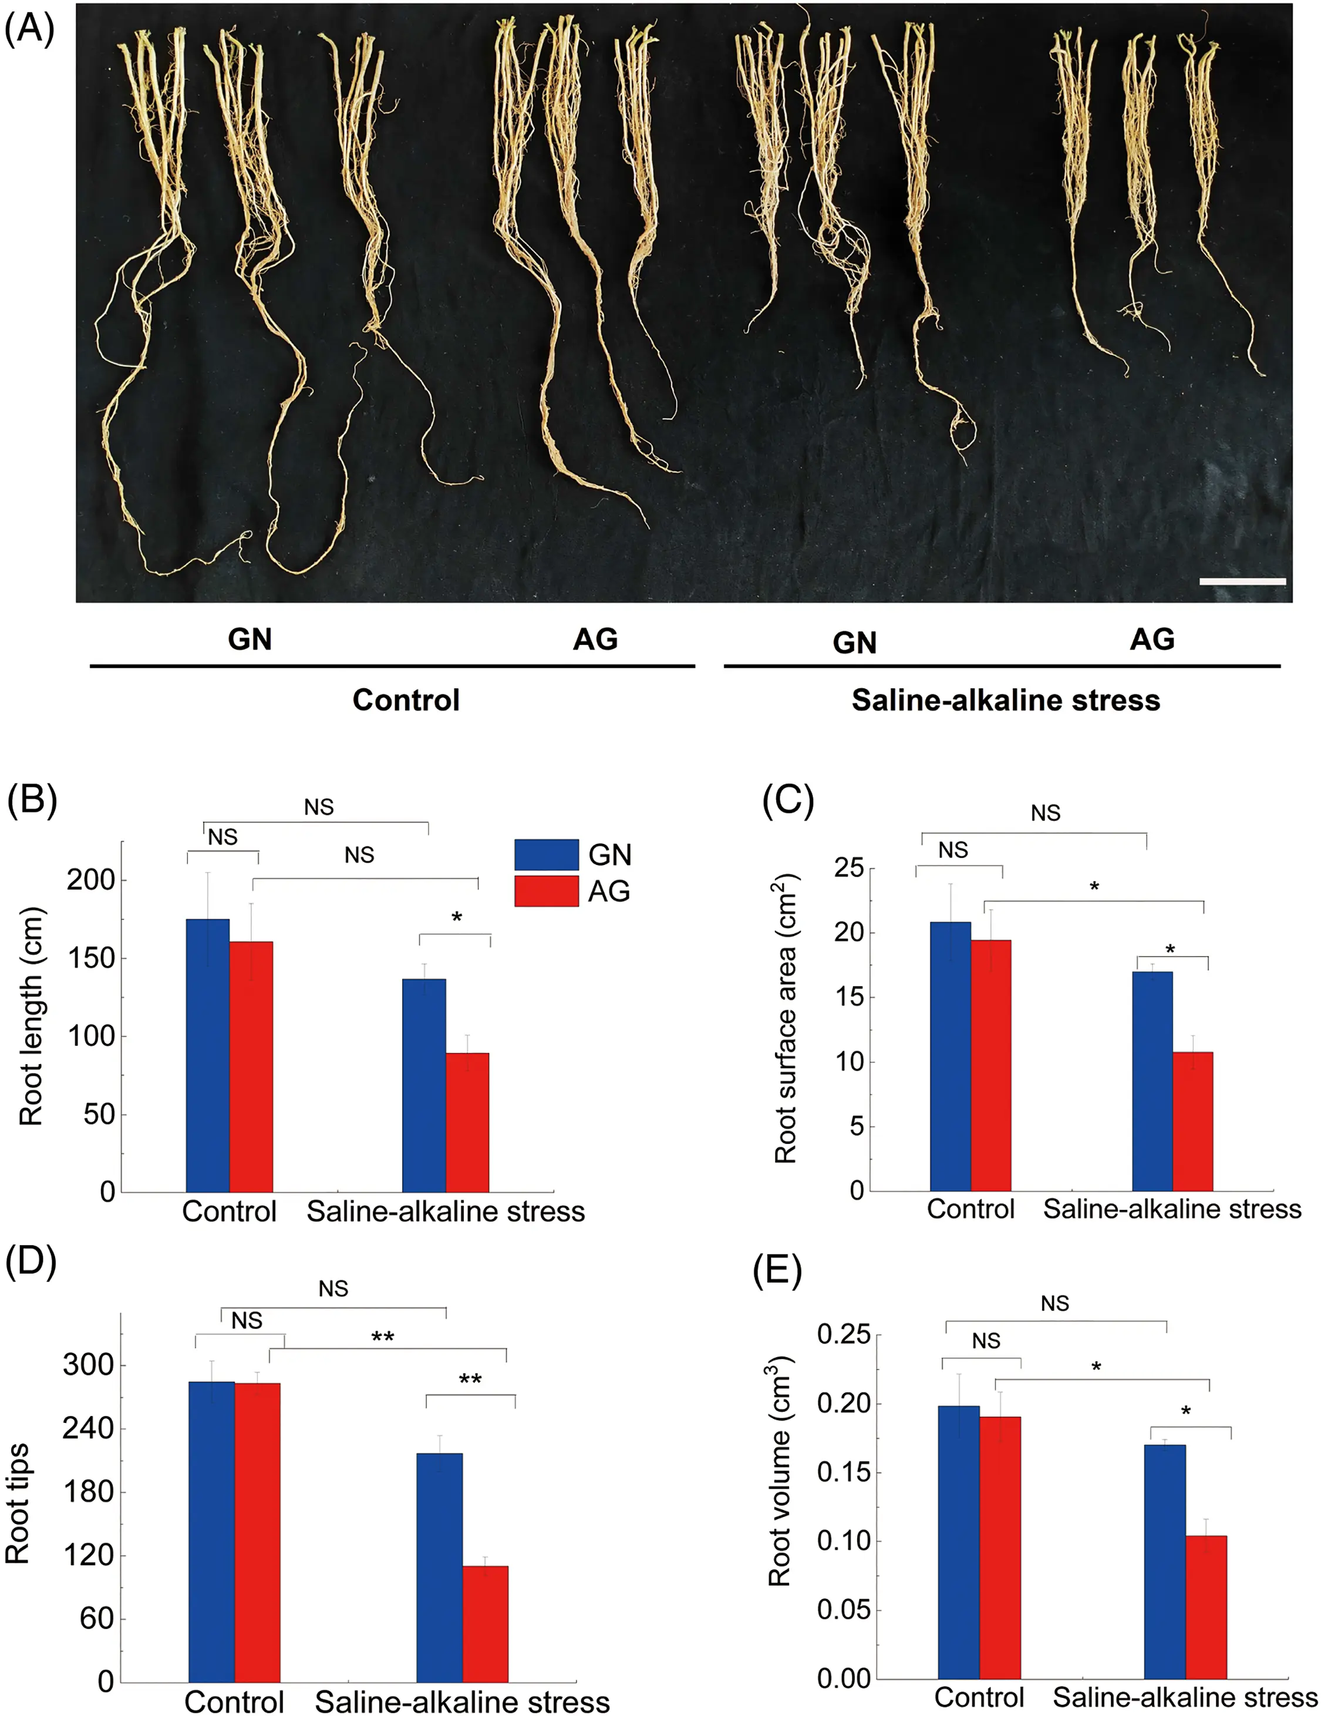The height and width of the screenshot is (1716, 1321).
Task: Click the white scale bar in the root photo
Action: pyautogui.click(x=1242, y=581)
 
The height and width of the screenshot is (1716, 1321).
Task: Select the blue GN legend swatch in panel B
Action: pyautogui.click(x=546, y=854)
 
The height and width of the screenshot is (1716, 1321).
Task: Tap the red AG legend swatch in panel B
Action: pyautogui.click(x=546, y=891)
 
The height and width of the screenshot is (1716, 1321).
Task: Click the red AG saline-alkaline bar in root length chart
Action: pyautogui.click(x=467, y=1123)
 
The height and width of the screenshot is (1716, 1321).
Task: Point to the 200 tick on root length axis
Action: pyautogui.click(x=90, y=880)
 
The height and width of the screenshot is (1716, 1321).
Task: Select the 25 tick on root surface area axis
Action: pyautogui.click(x=849, y=868)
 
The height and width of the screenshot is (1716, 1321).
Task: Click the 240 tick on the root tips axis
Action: pyautogui.click(x=88, y=1428)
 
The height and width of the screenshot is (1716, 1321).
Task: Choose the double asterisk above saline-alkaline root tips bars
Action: pyautogui.click(x=470, y=1379)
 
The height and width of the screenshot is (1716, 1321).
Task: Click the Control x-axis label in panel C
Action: pyautogui.click(x=970, y=1209)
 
